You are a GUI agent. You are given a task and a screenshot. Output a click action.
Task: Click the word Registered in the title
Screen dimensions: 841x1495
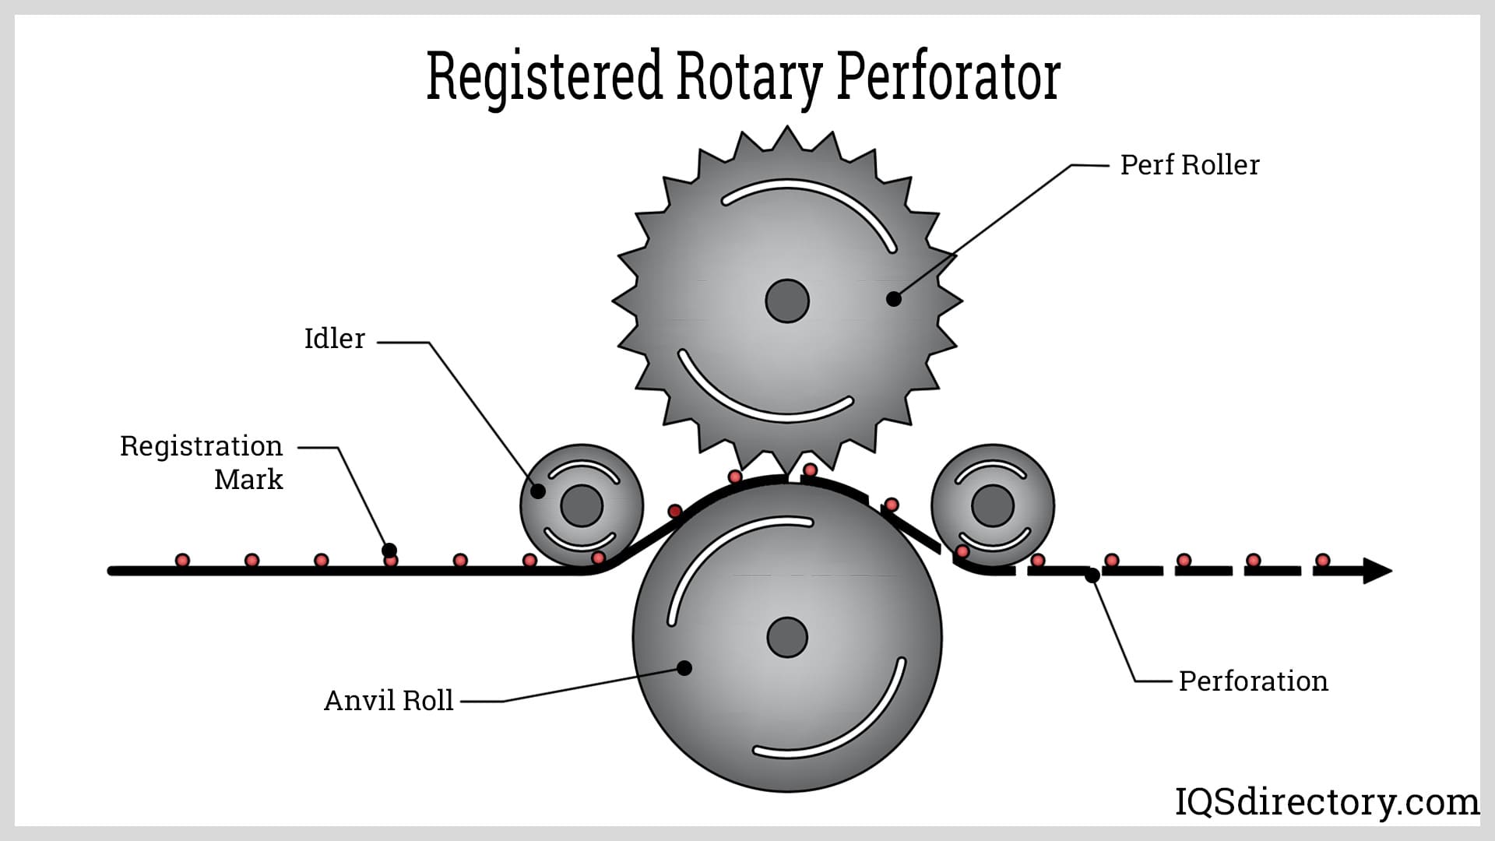click(544, 76)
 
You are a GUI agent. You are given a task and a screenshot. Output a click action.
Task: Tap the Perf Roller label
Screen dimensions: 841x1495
click(1189, 165)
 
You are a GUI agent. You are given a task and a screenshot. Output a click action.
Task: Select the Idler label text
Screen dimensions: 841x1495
click(334, 339)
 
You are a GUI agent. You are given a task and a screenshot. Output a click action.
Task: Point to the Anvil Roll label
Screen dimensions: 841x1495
click(388, 701)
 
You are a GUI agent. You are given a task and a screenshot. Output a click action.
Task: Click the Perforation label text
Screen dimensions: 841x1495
click(1253, 681)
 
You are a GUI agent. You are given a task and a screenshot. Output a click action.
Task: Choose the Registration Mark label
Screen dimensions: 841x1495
click(202, 463)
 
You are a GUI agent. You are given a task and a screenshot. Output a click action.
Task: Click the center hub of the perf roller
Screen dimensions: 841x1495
click(787, 301)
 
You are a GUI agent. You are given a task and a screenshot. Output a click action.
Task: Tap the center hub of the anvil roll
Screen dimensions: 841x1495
click(787, 638)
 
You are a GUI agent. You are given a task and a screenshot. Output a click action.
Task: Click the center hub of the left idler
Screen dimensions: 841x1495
click(582, 505)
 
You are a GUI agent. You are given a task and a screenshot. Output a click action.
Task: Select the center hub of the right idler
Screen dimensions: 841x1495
click(993, 505)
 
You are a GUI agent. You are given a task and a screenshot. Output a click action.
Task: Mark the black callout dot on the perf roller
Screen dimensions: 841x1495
click(894, 298)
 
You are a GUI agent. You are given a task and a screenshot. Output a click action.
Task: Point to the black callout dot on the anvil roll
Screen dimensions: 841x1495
click(684, 667)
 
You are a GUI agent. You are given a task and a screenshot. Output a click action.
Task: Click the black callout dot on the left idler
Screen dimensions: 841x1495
click(538, 491)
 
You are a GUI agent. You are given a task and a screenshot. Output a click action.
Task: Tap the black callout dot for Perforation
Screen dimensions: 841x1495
click(1092, 575)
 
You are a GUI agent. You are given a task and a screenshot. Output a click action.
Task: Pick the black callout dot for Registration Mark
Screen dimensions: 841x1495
click(389, 551)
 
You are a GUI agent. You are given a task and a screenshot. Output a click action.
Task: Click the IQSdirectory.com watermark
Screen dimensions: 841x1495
click(1326, 802)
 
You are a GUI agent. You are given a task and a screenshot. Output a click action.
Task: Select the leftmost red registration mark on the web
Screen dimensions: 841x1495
click(182, 560)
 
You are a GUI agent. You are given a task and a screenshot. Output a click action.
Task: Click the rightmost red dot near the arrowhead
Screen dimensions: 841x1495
click(1322, 560)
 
